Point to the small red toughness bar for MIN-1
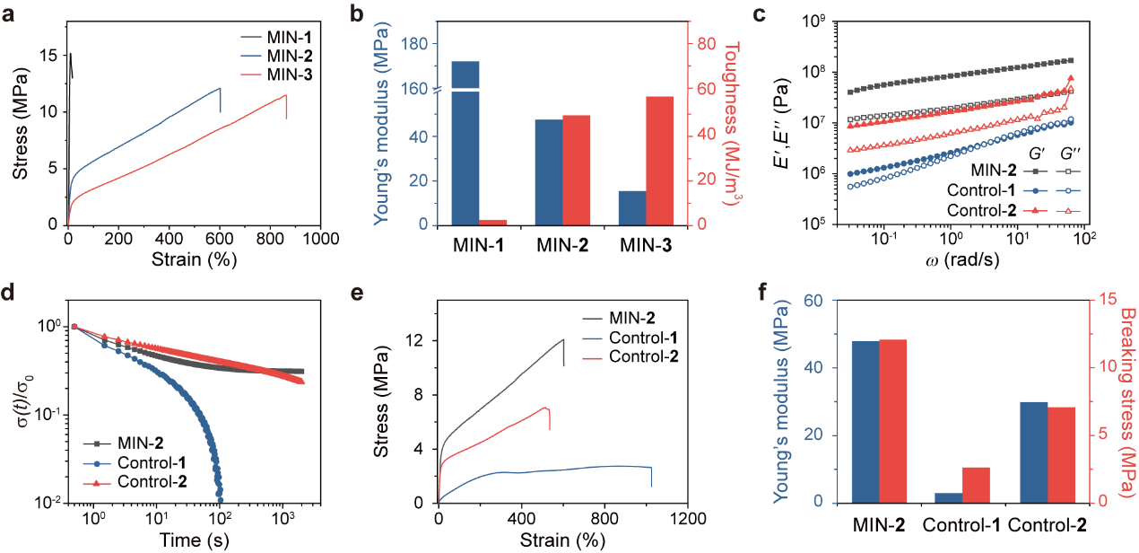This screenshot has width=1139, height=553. [492, 222]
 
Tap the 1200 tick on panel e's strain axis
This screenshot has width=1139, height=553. [688, 519]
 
